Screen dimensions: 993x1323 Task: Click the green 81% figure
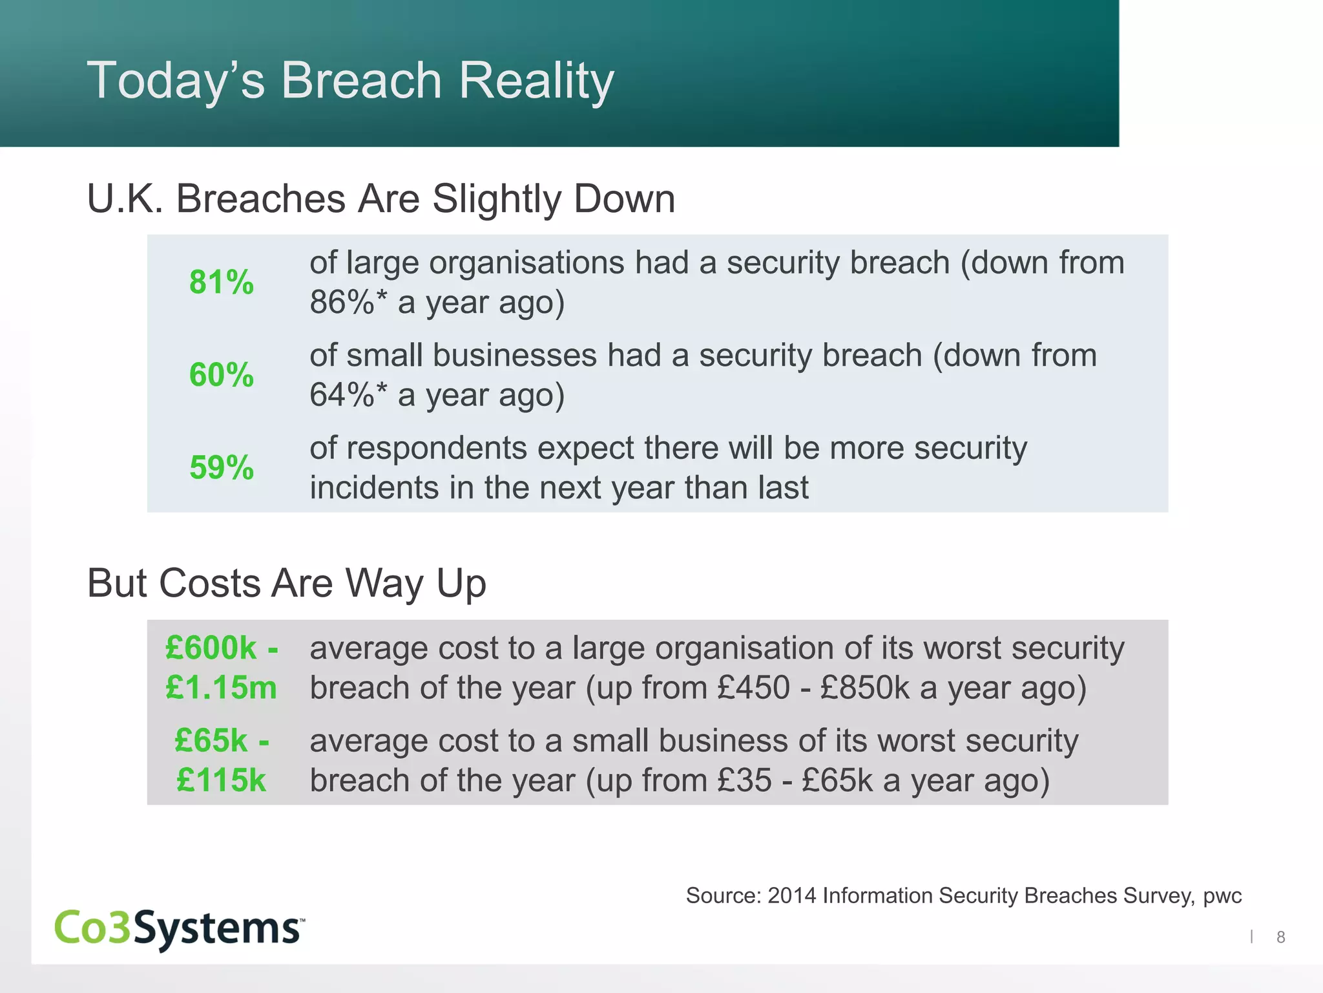point(221,283)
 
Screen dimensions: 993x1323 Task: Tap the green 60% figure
point(221,375)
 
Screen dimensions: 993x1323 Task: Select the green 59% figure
point(221,467)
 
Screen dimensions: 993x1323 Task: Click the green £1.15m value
point(221,687)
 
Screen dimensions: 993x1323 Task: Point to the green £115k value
point(221,780)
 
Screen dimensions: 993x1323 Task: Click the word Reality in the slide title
point(536,81)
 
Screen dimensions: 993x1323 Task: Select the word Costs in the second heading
point(210,583)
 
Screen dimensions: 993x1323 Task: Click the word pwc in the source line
point(1222,896)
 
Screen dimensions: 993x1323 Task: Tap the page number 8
point(1280,937)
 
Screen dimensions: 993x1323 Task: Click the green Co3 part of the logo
point(93,928)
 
